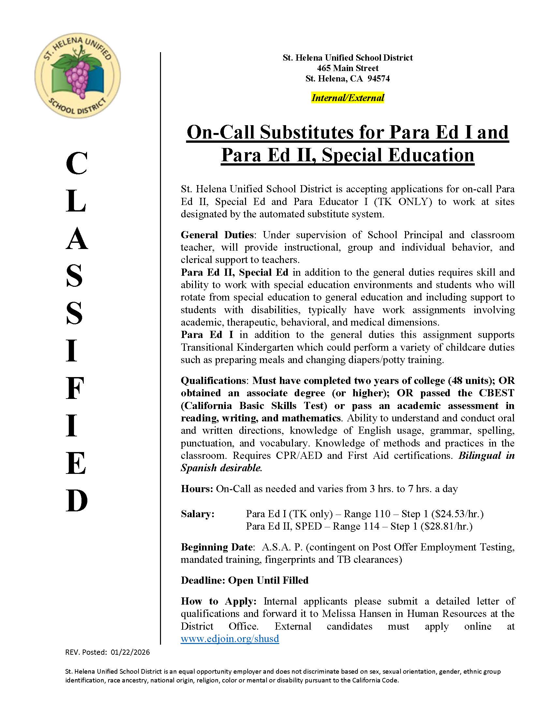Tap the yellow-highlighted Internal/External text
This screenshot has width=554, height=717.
tap(348, 98)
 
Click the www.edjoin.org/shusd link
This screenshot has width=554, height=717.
tap(230, 638)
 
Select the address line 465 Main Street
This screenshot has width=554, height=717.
tap(348, 68)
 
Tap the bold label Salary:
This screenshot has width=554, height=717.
tap(197, 514)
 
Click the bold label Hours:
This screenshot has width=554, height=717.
tap(197, 489)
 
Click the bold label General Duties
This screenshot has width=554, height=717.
tap(217, 235)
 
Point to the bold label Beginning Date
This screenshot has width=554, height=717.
tap(217, 547)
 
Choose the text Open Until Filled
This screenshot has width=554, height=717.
tap(268, 580)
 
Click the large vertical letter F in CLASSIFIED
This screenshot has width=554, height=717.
tap(76, 388)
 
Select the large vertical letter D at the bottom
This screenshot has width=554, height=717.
tap(77, 501)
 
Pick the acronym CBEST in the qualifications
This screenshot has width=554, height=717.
tap(496, 393)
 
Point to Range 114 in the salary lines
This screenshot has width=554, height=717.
tap(356, 526)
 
